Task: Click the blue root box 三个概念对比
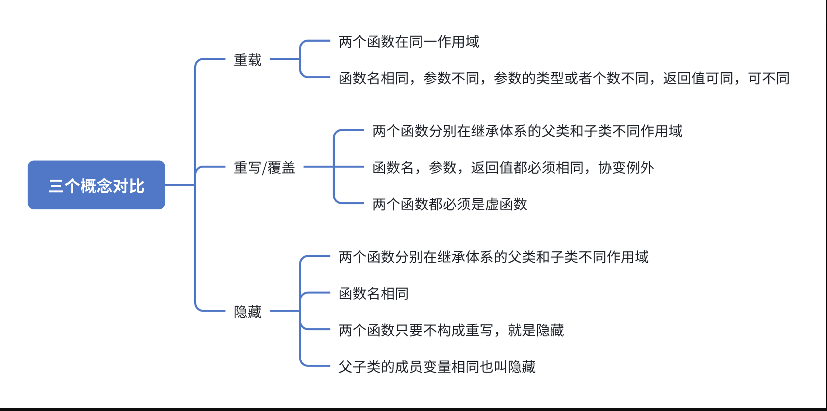click(96, 185)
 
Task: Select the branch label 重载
click(248, 60)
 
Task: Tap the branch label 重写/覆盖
click(264, 167)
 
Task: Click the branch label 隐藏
click(248, 312)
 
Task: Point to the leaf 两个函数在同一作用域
click(409, 42)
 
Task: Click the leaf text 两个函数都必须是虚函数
click(450, 204)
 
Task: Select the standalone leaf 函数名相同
click(373, 293)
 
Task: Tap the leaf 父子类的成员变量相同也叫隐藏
click(437, 366)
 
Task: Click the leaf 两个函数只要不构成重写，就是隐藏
click(451, 330)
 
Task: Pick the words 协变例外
click(626, 167)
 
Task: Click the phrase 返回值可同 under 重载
click(698, 78)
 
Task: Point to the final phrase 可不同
click(769, 78)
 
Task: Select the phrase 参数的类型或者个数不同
click(571, 78)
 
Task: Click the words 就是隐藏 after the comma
click(536, 330)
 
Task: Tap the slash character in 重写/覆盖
click(264, 168)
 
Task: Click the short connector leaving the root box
click(180, 185)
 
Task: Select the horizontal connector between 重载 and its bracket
click(285, 59)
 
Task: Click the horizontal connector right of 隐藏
click(285, 311)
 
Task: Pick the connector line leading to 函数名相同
click(317, 293)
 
